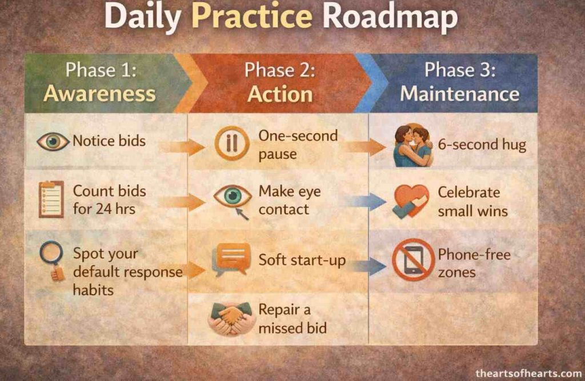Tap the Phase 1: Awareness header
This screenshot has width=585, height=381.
point(99,82)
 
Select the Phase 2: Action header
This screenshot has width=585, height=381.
point(280,82)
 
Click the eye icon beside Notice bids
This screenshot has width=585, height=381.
point(53,141)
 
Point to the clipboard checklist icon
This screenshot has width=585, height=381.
point(51,199)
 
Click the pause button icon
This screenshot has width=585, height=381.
point(232,143)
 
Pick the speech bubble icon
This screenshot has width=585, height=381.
point(231,259)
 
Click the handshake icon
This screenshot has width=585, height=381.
point(231,317)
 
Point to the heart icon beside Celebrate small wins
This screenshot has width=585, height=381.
point(411,201)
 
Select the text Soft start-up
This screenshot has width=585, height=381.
point(302,260)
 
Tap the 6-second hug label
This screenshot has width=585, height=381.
point(482,144)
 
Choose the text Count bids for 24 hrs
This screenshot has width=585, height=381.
point(109,200)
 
